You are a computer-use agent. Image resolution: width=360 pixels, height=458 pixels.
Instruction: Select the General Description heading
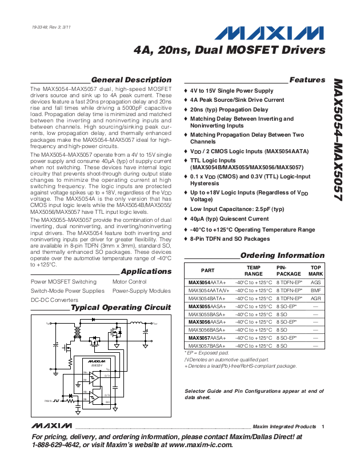(x=131, y=80)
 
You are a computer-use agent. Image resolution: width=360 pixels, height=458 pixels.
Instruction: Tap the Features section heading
(x=307, y=80)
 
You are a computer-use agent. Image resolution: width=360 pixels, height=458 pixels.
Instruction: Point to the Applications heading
(x=146, y=271)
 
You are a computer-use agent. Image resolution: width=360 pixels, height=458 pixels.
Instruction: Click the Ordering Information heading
(x=282, y=256)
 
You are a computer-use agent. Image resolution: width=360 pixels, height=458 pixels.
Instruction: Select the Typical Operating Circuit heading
(x=121, y=308)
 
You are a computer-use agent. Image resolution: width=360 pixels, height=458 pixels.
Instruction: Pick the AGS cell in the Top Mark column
(x=315, y=282)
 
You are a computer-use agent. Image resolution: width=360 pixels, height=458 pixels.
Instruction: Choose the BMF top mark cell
(x=315, y=290)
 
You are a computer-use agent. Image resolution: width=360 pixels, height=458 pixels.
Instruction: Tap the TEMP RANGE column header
(x=254, y=270)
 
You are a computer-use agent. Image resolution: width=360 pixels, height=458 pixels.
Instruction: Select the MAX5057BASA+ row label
(x=207, y=346)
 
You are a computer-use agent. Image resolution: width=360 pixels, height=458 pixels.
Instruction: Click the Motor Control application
(x=130, y=282)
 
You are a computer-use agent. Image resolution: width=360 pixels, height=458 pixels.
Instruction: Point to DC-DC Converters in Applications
(x=54, y=300)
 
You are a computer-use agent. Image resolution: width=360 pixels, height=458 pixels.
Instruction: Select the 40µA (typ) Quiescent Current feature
(x=229, y=218)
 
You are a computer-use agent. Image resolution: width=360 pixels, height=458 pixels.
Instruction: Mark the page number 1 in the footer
(x=323, y=427)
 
